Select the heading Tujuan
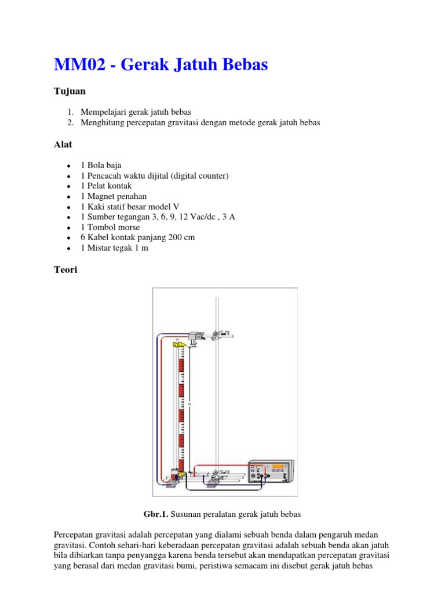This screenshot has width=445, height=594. pos(69,91)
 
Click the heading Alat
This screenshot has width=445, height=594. pos(63,143)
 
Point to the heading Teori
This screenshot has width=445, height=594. pos(65,270)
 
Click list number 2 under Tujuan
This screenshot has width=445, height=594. pos(71,122)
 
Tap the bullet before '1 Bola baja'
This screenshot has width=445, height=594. pos(69,165)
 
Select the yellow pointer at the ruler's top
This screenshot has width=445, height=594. pos(179,345)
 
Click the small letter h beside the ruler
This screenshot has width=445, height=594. pos(189,404)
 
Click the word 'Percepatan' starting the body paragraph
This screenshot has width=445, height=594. pos(75,534)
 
